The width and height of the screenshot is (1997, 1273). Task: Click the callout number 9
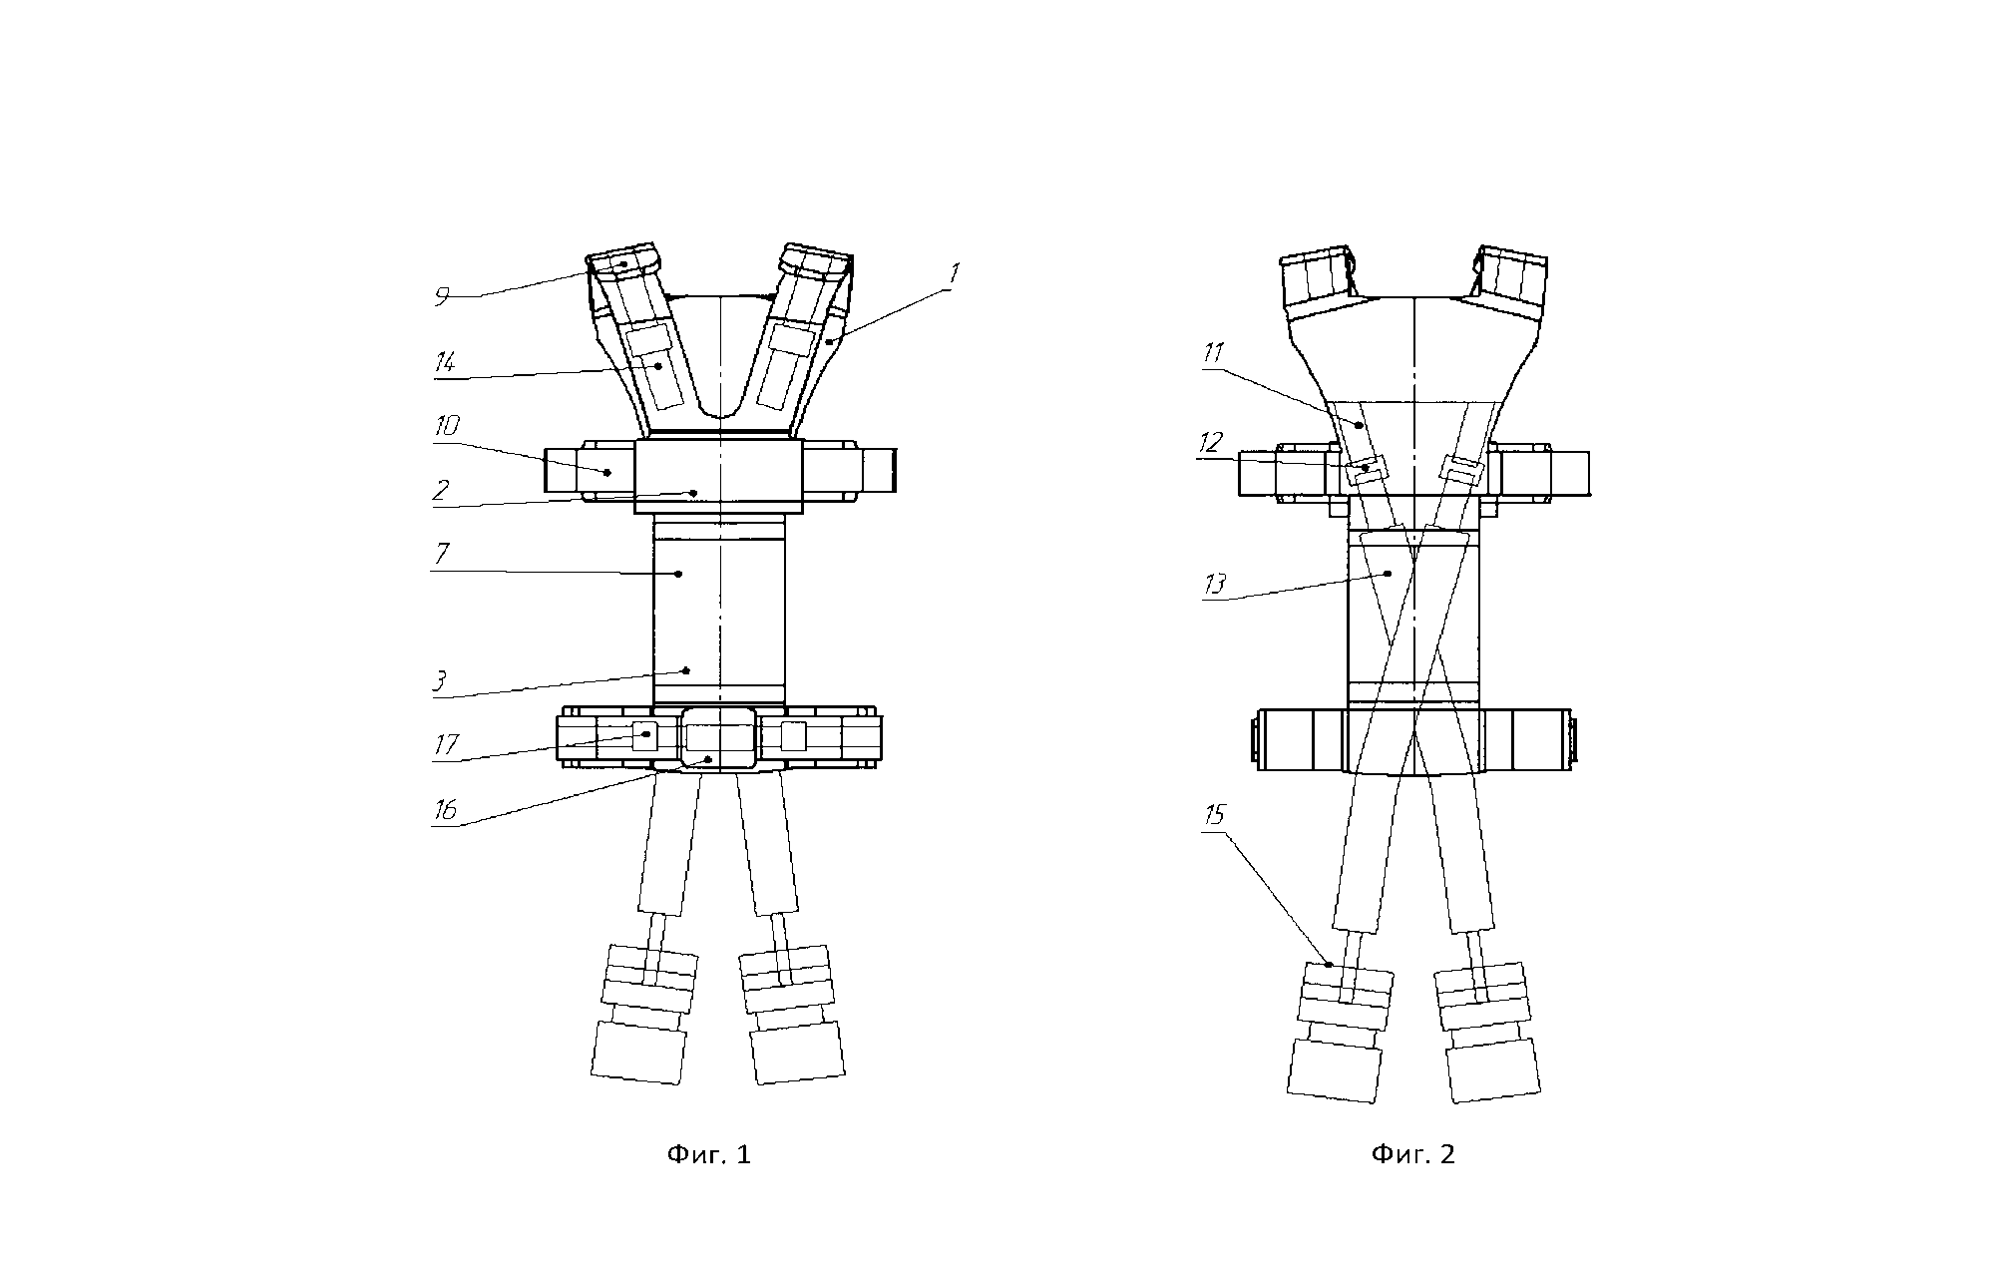tap(443, 296)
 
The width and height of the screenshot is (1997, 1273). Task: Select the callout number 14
tap(446, 362)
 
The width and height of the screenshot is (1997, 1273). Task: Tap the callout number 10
tap(446, 427)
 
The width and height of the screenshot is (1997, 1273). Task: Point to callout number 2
tap(441, 490)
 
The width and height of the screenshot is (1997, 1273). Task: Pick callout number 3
tap(439, 681)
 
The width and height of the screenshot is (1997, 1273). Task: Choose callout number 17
tap(446, 745)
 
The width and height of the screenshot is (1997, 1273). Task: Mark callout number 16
tap(445, 809)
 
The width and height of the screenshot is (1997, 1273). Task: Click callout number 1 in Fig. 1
tap(955, 273)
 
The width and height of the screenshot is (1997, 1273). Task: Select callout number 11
tap(1214, 353)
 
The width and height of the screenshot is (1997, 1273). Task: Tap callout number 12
tap(1211, 442)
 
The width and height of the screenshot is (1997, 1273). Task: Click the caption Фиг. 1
tap(708, 1155)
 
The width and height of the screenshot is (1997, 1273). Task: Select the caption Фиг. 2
tap(1413, 1155)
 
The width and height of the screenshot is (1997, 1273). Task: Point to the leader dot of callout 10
tap(607, 472)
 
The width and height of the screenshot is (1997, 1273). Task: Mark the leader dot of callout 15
tap(1331, 964)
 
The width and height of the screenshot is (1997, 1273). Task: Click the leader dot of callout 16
tap(708, 760)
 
